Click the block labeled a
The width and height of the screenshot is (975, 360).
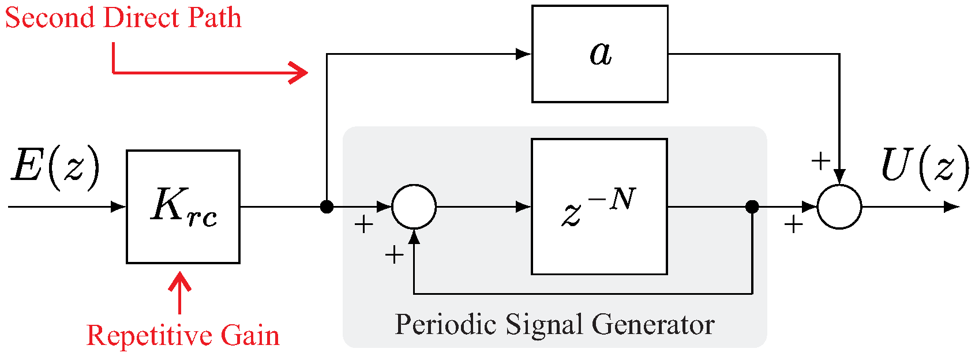pos(599,54)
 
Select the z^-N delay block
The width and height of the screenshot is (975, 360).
pos(599,207)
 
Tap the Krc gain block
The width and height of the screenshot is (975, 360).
pos(183,207)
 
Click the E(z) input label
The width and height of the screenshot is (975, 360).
pos(55,167)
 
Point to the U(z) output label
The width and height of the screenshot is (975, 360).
pos(925,167)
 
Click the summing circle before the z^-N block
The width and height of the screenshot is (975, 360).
pos(414,207)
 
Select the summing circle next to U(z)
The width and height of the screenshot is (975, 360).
pos(839,207)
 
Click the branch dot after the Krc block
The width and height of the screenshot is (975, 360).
pos(327,207)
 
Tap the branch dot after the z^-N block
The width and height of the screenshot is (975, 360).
pos(752,207)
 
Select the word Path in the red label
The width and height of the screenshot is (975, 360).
pos(214,18)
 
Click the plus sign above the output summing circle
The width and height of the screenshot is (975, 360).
pos(820,161)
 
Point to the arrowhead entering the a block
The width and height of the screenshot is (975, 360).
pos(523,54)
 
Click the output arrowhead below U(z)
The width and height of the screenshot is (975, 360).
pos(952,207)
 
